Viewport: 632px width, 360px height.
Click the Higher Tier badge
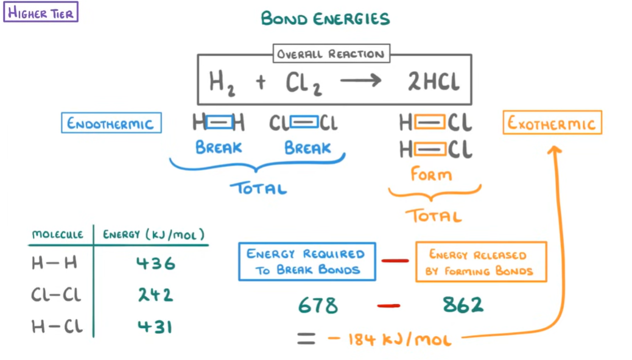click(41, 12)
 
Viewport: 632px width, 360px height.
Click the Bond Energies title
click(325, 18)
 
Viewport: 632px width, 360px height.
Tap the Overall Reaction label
click(331, 54)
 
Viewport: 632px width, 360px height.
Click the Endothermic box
click(111, 123)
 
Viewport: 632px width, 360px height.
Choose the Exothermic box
click(552, 123)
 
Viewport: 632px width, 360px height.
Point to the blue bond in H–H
click(219, 123)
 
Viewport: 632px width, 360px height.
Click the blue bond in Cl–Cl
click(304, 123)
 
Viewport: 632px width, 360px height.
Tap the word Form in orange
click(431, 175)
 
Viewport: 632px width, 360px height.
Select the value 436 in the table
click(156, 264)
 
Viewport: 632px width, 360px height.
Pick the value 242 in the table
click(155, 295)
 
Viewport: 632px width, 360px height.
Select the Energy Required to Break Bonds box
click(307, 262)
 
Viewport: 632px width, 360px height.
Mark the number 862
click(463, 305)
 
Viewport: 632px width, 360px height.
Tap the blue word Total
click(259, 188)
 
